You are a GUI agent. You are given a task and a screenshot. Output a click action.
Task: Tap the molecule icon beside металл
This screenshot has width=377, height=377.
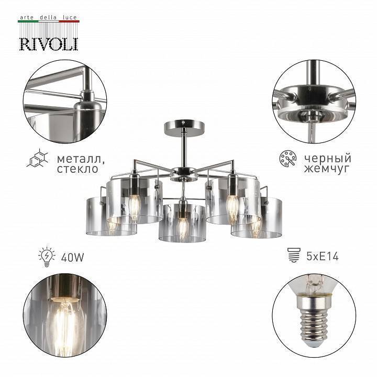[x=38, y=159]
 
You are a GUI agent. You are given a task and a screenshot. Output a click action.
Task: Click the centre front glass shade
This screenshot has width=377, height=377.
[x=182, y=223]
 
